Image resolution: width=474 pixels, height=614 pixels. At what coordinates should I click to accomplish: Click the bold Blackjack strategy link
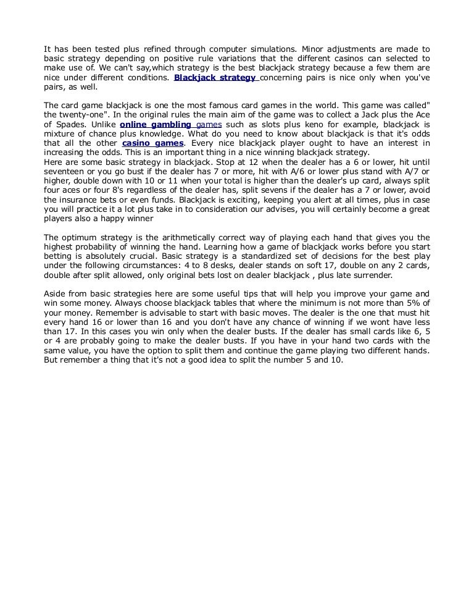[x=215, y=78]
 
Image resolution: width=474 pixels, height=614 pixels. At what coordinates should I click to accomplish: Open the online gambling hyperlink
[x=155, y=125]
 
